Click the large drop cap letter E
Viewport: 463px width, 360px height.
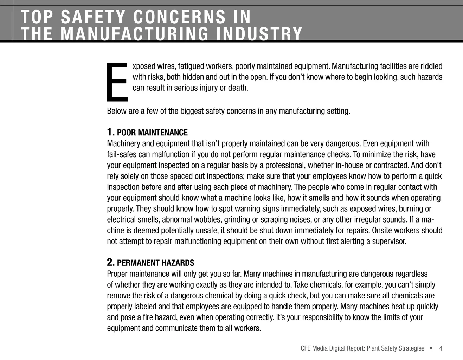[117, 81]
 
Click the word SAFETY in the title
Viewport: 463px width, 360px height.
[93, 17]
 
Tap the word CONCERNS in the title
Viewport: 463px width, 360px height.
[181, 17]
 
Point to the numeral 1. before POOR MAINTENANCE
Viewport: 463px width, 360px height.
[110, 132]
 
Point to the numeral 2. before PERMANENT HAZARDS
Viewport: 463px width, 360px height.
[111, 262]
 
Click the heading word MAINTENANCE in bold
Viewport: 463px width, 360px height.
[163, 133]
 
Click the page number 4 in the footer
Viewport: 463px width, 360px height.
[441, 348]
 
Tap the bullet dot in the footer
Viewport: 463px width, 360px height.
[431, 348]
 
